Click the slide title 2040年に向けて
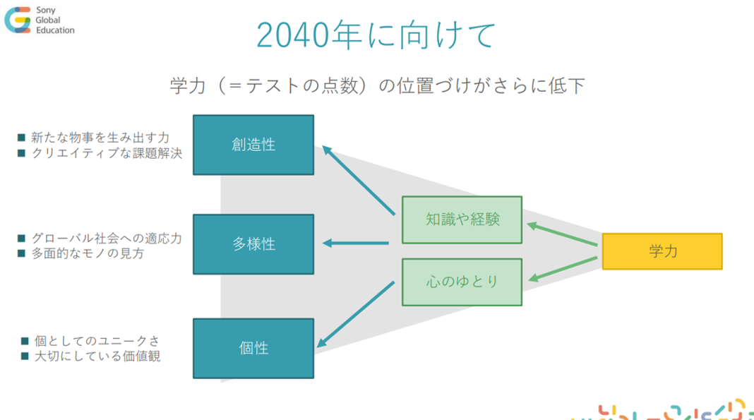pyautogui.click(x=376, y=35)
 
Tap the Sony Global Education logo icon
pyautogui.click(x=18, y=20)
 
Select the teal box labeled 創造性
pyautogui.click(x=253, y=145)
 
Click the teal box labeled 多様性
pyautogui.click(x=253, y=244)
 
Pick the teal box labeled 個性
pyautogui.click(x=253, y=349)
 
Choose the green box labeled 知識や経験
pyautogui.click(x=462, y=220)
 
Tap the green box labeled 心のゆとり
pyautogui.click(x=462, y=282)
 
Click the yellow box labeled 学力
pyautogui.click(x=662, y=251)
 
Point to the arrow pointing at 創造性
pyautogui.click(x=359, y=180)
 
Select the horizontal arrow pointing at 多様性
pyautogui.click(x=355, y=243)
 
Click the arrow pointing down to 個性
pyautogui.click(x=356, y=314)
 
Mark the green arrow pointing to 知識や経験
pyautogui.click(x=562, y=234)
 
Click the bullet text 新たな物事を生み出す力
pyautogui.click(x=100, y=138)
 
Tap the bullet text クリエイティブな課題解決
pyautogui.click(x=107, y=153)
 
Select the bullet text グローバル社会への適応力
pyautogui.click(x=107, y=238)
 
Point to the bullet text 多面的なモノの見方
pyautogui.click(x=88, y=253)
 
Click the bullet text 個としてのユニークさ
pyautogui.click(x=97, y=341)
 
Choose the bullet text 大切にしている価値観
pyautogui.click(x=97, y=356)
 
